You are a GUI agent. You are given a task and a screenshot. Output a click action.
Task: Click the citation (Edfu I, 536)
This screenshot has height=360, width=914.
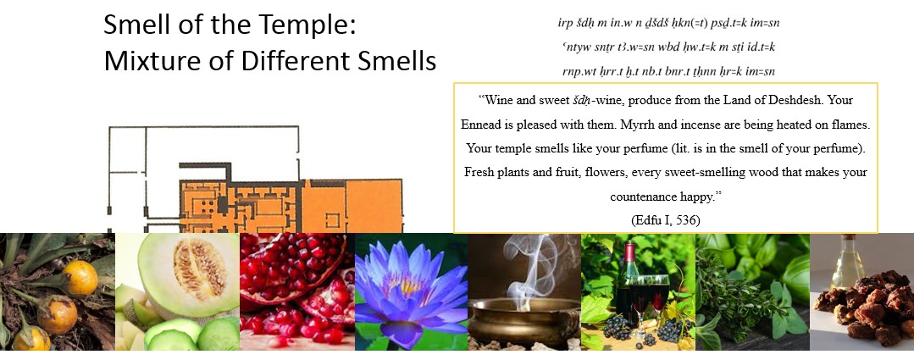click(x=666, y=220)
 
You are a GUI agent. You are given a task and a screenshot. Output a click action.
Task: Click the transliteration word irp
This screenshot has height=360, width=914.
click(x=565, y=24)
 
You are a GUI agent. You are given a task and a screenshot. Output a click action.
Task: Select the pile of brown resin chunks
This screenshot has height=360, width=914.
click(x=865, y=311)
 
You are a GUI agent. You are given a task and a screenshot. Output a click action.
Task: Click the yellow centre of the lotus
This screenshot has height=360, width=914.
click(x=408, y=285)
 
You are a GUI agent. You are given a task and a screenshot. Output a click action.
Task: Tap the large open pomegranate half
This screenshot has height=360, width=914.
click(x=291, y=268)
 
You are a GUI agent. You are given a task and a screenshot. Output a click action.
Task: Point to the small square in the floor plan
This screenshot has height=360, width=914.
click(x=332, y=220)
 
